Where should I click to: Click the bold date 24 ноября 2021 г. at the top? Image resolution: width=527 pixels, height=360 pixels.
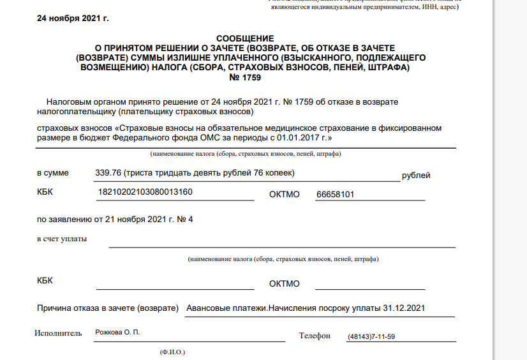[73, 18]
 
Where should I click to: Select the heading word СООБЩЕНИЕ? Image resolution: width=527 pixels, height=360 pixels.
[244, 39]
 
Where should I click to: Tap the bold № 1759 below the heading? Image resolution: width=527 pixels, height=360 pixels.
[244, 77]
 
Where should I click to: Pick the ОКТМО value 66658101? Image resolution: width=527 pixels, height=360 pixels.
[336, 194]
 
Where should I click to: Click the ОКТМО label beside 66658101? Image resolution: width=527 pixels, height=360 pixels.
[285, 194]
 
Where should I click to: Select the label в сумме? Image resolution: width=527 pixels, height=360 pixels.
[53, 173]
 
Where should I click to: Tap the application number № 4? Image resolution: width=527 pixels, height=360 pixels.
[186, 220]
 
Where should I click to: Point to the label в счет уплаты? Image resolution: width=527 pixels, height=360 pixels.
[63, 239]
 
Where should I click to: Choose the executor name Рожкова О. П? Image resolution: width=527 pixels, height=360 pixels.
[117, 333]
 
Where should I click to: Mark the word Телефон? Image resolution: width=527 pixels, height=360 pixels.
[315, 336]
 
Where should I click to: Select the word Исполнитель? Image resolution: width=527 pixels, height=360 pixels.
[59, 333]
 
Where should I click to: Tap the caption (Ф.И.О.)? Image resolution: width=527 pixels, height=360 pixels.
[172, 352]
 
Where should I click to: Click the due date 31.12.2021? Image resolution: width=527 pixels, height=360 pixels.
[403, 309]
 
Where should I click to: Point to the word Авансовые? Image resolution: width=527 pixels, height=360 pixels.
[208, 309]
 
